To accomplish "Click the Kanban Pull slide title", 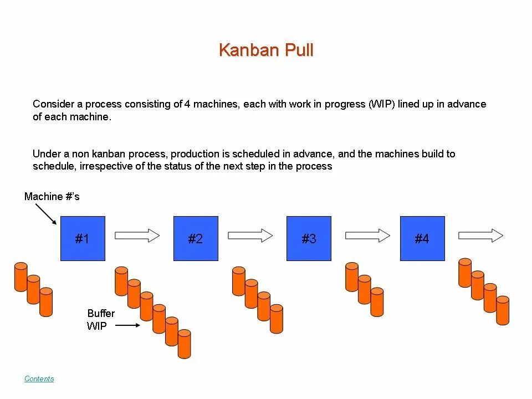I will tap(266, 50).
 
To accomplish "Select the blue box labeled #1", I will tap(83, 238).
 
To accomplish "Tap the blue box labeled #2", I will tap(196, 238).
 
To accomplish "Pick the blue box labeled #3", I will tap(309, 238).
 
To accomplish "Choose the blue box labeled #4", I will tap(422, 238).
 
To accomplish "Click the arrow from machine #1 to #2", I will tap(137, 236).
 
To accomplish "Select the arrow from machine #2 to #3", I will tap(250, 236).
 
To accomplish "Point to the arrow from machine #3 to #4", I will tap(367, 236).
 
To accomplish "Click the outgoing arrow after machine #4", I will tap(480, 236).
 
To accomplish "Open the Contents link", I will tap(39, 379).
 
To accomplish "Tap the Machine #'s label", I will tap(52, 197).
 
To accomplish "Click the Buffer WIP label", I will tap(100, 320).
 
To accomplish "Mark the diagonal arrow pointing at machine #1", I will tap(45, 213).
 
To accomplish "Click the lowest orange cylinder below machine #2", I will tap(185, 344).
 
